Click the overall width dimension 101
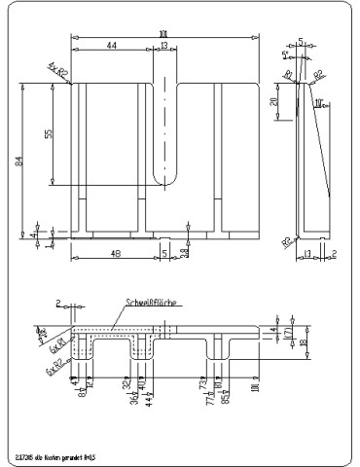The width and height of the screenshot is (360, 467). pos(162,35)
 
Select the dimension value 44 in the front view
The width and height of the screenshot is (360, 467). pos(112,46)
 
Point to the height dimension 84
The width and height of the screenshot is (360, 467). pos(18,162)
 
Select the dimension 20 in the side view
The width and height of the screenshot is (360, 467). pos(275,101)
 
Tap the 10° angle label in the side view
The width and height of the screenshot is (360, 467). pos(320,90)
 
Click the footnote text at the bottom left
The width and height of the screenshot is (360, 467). pos(55,453)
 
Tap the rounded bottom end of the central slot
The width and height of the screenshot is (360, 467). pos(166,180)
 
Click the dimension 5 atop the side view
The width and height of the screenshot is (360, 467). pos(302,42)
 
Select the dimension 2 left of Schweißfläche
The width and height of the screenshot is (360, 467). pos(58,303)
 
